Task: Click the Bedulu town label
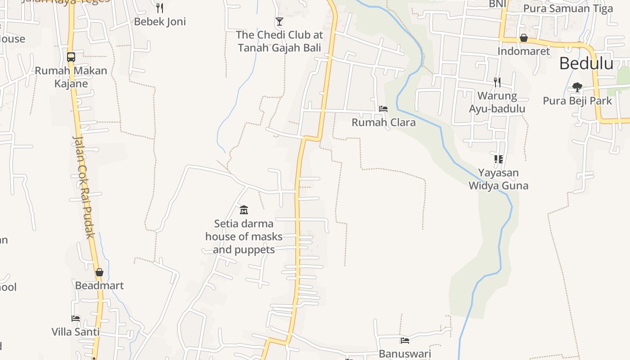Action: (586, 64)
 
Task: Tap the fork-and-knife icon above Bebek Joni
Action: (159, 8)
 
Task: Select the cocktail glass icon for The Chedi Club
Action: (279, 21)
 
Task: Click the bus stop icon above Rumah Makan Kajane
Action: (71, 57)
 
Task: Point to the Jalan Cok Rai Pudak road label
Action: (84, 187)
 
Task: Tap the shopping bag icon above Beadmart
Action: (99, 272)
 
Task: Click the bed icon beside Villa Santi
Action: (76, 319)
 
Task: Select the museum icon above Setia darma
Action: (244, 209)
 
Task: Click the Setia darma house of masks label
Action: (244, 237)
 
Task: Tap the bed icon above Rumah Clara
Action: (383, 109)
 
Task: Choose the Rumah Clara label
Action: (383, 122)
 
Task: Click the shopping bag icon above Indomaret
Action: (524, 38)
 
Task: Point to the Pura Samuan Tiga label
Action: (568, 9)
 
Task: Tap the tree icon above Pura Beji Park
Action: (577, 87)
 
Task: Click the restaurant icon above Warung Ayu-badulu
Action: (497, 82)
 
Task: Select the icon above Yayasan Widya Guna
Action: (498, 159)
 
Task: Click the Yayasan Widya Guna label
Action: (498, 179)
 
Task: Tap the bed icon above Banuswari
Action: (405, 341)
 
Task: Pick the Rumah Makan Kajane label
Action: (71, 77)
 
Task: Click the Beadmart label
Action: (99, 286)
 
